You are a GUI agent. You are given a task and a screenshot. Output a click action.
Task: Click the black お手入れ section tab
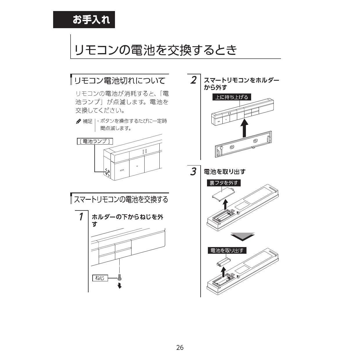[84, 20]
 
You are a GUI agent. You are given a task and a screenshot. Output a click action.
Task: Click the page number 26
[180, 348]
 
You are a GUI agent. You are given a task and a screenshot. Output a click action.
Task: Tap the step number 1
[81, 217]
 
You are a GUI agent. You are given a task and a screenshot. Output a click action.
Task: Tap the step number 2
[194, 80]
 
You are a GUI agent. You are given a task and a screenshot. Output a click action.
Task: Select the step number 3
[193, 171]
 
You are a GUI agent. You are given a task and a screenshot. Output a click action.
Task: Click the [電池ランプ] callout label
[95, 141]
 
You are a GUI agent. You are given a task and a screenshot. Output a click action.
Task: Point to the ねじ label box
[100, 278]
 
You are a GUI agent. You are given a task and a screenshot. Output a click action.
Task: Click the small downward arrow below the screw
[120, 286]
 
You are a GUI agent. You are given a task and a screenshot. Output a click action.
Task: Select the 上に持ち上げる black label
[232, 97]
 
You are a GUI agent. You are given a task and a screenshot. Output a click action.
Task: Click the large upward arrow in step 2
[244, 128]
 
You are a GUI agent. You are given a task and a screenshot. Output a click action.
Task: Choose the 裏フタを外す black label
[224, 183]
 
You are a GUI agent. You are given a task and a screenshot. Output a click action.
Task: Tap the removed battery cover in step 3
[224, 195]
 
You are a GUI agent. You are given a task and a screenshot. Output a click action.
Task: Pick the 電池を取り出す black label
[227, 250]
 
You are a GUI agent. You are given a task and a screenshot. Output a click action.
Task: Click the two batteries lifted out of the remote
[224, 262]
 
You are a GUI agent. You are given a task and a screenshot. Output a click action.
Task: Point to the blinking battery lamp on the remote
[107, 172]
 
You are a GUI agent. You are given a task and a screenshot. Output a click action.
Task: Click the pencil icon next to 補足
[78, 121]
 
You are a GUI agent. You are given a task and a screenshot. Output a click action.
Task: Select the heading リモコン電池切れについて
[120, 80]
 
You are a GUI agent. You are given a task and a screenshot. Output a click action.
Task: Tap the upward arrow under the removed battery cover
[226, 205]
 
